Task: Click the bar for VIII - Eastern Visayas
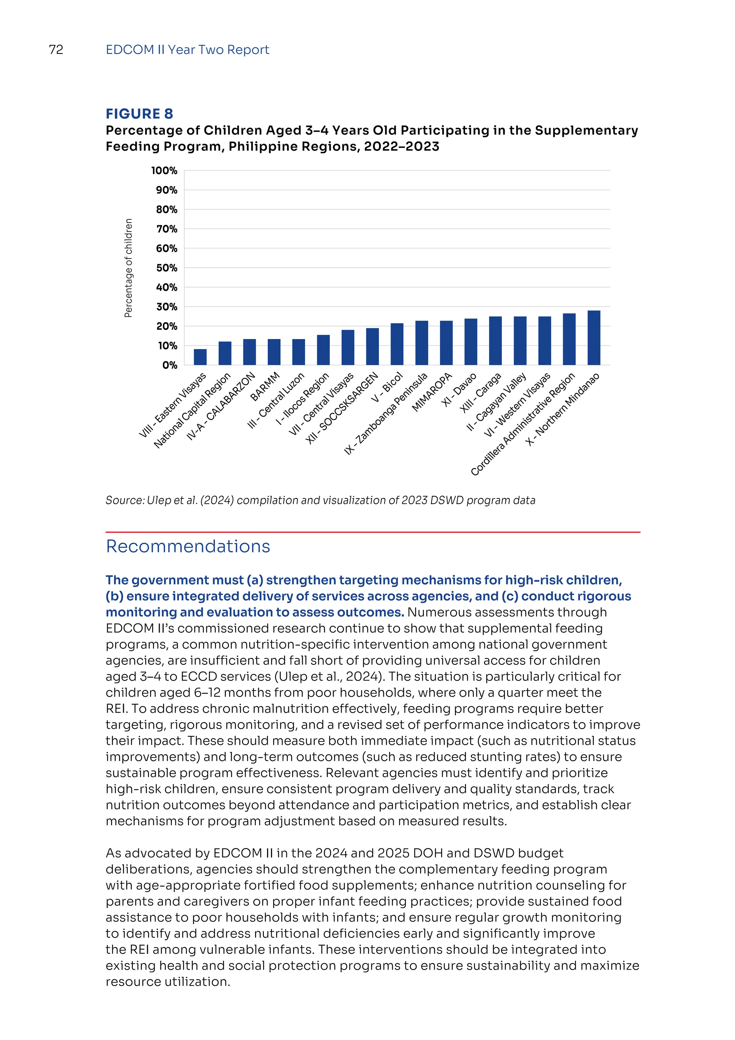(x=200, y=357)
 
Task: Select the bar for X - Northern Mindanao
(x=594, y=338)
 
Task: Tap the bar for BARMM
(x=274, y=352)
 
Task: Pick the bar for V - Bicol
(x=397, y=344)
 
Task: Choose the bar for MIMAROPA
(x=446, y=343)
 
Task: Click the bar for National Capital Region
(x=225, y=353)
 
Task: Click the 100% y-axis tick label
(x=164, y=171)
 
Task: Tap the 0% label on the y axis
(x=170, y=366)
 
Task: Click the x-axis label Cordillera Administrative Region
(x=523, y=424)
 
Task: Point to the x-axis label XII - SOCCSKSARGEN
(x=342, y=409)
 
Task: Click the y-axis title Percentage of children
(x=128, y=268)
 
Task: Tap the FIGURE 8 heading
(x=139, y=114)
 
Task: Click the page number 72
(x=56, y=50)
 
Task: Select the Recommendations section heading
(x=188, y=547)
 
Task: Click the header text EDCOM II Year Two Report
(x=187, y=50)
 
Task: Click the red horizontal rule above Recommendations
(x=373, y=532)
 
